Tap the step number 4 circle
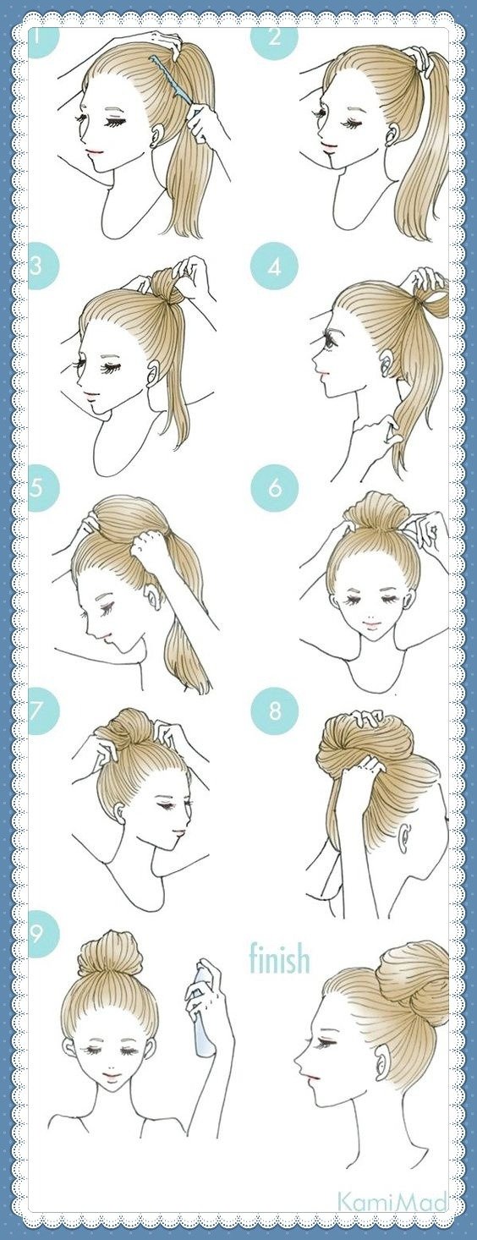pos(275,268)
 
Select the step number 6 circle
pos(275,488)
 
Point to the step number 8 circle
pos(275,711)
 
